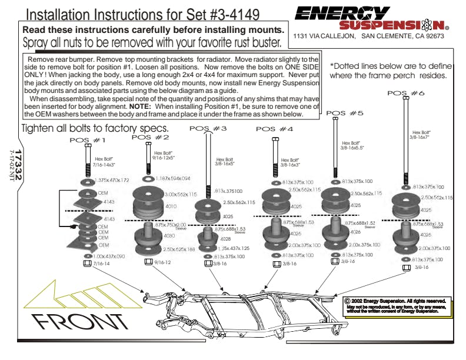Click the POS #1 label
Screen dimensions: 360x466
(x=87, y=140)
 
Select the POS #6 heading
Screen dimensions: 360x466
(x=406, y=93)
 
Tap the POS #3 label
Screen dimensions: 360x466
(x=207, y=128)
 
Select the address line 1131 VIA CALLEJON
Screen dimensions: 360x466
(x=324, y=36)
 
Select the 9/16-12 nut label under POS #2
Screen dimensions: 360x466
(x=162, y=263)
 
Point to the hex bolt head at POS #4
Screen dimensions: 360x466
(x=275, y=139)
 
